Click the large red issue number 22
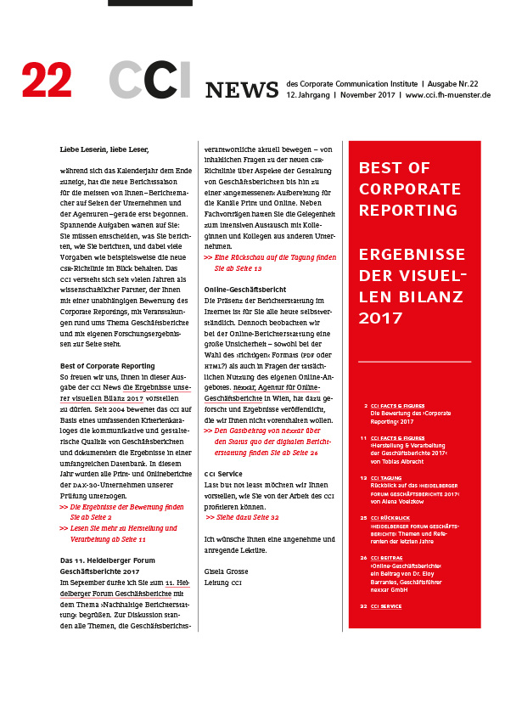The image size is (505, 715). coord(47,82)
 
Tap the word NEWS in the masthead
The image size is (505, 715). coord(242,89)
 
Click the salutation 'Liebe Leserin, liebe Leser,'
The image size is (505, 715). coord(104,149)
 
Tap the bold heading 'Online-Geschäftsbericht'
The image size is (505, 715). coord(245,290)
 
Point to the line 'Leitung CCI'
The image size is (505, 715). coord(224,583)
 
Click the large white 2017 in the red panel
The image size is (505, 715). coord(380,318)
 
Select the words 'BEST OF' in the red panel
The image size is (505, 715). coord(393,167)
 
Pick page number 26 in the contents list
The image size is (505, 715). coord(363,558)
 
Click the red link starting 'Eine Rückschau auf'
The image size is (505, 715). coord(264,256)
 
